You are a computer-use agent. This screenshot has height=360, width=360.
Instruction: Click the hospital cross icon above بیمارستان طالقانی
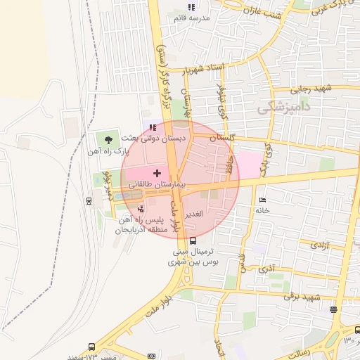click(x=157, y=172)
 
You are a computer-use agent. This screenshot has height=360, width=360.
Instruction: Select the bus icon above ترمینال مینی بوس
click(x=193, y=240)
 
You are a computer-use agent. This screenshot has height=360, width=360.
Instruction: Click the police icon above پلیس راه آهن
click(x=141, y=208)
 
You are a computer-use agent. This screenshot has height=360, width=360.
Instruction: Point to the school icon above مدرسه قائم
click(x=191, y=7)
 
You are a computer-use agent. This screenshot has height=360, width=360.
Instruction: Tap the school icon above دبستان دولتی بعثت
click(x=153, y=127)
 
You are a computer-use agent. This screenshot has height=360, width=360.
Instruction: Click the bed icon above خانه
click(x=262, y=200)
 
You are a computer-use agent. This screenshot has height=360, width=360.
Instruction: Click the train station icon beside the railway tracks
click(x=89, y=201)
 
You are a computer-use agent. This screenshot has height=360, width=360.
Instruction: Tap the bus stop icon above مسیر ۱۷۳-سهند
click(x=92, y=347)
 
